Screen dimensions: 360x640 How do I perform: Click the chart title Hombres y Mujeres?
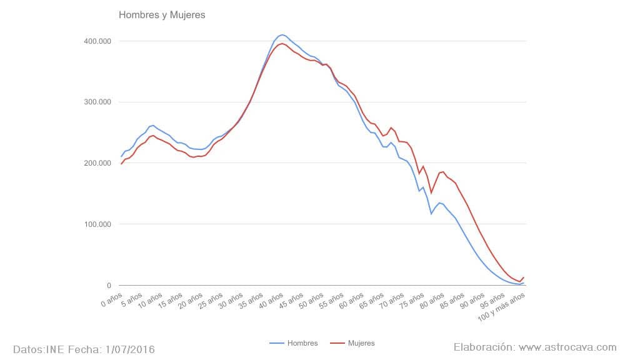coord(162,14)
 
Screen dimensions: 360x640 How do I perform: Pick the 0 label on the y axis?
coord(109,286)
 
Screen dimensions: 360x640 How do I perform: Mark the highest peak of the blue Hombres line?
coord(282,34)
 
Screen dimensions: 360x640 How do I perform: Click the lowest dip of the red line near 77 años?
coord(431,193)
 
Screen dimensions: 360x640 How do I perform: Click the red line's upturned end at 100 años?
coord(524,277)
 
